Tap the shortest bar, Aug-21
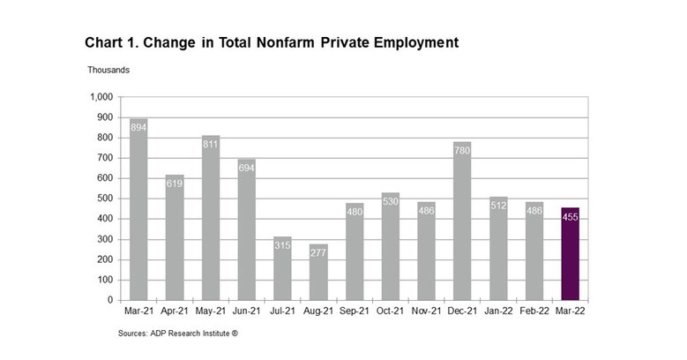pos(318,273)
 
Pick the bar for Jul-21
pos(282,269)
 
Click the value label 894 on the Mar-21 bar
pos(138,127)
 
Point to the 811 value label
pos(210,145)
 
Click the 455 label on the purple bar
pos(571,217)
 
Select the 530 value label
pos(391,201)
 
